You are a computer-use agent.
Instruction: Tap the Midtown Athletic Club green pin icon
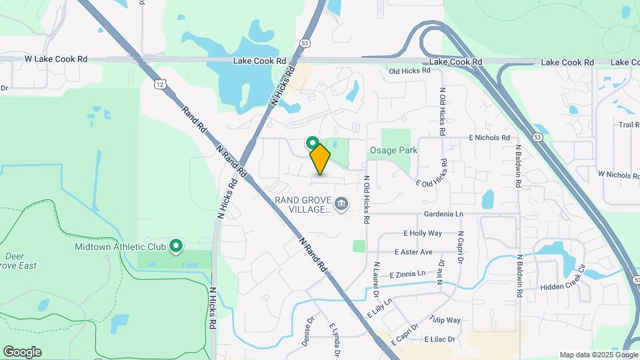[177, 247]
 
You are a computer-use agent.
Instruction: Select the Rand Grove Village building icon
[341, 203]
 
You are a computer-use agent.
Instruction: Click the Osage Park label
[394, 151]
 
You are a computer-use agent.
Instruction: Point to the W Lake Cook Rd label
[56, 59]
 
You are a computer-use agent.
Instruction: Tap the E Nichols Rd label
[493, 137]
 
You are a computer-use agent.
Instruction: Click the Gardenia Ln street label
[443, 214]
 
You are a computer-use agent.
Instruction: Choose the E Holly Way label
[423, 233]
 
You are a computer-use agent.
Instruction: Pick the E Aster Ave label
[413, 252]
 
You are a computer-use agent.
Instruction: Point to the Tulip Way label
[445, 320]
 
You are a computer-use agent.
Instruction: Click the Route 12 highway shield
[159, 84]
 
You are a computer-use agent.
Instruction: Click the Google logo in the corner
[22, 352]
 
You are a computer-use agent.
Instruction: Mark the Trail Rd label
[629, 125]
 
